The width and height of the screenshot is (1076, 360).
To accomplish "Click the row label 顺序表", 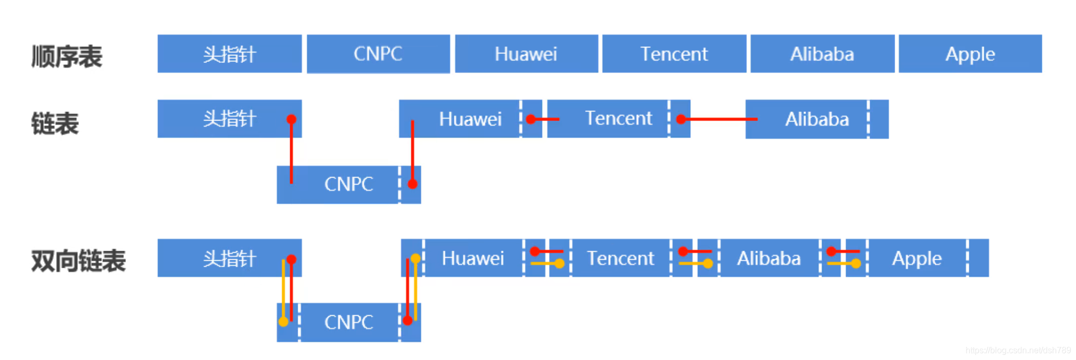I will point(67,56).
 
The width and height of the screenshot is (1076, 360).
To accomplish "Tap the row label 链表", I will point(55,124).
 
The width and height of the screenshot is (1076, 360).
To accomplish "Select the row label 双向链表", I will point(78,261).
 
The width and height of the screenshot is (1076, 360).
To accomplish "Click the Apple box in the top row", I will point(970,54).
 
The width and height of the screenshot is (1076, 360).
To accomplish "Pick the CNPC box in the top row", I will point(378,54).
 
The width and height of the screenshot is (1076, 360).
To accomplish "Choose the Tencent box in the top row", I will point(674,54).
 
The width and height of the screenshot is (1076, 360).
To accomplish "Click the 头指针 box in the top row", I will point(229,54).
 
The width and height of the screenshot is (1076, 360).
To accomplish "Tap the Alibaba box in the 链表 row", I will point(816,119).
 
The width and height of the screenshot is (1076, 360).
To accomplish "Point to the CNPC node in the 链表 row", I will point(348,184).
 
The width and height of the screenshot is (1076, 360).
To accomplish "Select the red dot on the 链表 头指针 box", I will point(291,119).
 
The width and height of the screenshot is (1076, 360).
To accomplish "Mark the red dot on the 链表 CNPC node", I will point(412,184).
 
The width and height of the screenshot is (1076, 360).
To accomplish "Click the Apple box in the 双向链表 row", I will point(916,258).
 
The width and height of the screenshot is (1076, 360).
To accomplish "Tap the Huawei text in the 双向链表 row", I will point(473,258).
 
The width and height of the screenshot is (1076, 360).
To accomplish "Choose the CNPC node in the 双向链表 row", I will point(348,322).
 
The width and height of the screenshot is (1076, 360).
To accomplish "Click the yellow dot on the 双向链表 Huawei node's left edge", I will point(416,259).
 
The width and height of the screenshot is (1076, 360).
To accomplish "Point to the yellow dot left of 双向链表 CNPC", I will point(283,322).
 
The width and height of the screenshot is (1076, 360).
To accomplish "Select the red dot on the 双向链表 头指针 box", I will point(291,259).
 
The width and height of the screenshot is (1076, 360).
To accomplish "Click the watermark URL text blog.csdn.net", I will point(1018,350).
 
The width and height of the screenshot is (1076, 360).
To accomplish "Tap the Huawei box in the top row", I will point(525,54).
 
